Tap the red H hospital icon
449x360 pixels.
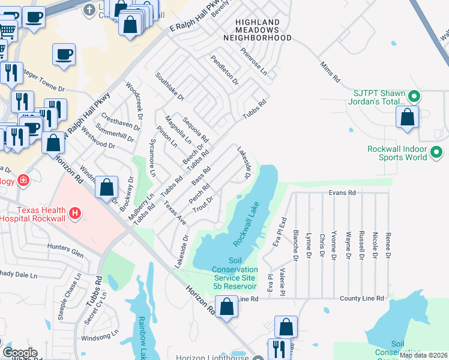pyautogui.click(x=75, y=212)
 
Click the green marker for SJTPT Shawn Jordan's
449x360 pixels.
pyautogui.click(x=413, y=96)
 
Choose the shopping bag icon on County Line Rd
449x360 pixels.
pyautogui.click(x=226, y=308)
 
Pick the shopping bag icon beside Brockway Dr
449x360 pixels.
pyautogui.click(x=106, y=187)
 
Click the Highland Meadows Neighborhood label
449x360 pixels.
pyautogui.click(x=258, y=29)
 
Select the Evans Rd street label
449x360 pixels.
pyautogui.click(x=342, y=193)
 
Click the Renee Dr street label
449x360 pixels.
pyautogui.click(x=388, y=247)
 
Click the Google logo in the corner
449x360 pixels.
pyautogui.click(x=20, y=353)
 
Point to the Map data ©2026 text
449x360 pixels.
pyautogui.click(x=423, y=355)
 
